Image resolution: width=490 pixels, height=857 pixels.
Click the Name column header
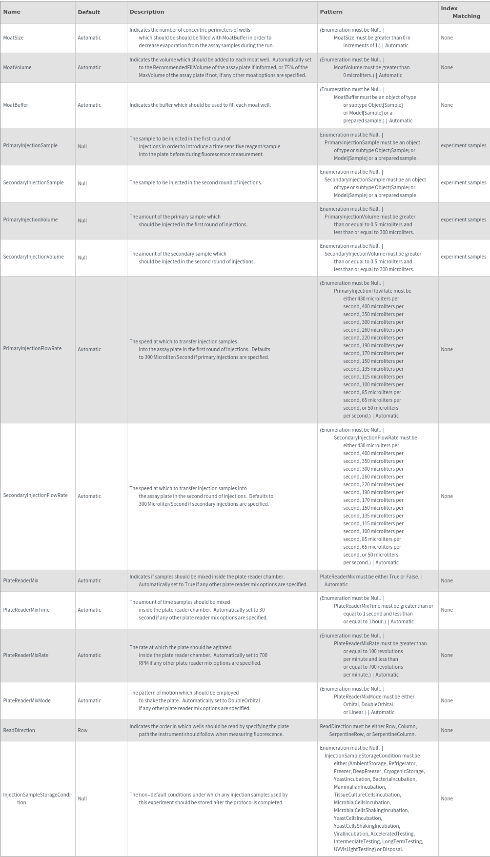coord(12,12)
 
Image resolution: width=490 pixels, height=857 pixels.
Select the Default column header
coord(89,12)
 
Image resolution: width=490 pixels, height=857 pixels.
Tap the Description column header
coord(146,12)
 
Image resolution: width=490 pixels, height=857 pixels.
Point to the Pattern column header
coord(331,12)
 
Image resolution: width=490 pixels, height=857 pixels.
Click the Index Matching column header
coord(460,12)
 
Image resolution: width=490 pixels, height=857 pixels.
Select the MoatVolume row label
coord(17,67)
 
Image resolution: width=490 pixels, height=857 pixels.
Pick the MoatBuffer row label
coord(16,105)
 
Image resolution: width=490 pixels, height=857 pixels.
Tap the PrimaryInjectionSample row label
coord(30,145)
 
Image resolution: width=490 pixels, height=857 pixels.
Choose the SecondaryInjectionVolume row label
coord(33,257)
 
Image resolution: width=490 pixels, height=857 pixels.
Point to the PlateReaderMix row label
coord(20,580)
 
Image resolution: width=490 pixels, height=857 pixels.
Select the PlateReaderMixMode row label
coord(27,700)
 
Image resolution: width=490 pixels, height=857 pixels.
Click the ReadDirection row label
coord(19,730)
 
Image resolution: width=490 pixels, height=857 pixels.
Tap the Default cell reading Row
coord(82,730)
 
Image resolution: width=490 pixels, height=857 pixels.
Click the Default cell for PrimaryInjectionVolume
coord(82,220)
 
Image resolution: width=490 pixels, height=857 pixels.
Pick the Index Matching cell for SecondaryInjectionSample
coord(463,182)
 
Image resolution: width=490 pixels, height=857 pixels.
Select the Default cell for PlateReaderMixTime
coord(89,610)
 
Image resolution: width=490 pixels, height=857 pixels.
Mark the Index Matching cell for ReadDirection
coord(447,730)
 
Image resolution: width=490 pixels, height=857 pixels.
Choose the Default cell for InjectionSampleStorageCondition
coord(82,798)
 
